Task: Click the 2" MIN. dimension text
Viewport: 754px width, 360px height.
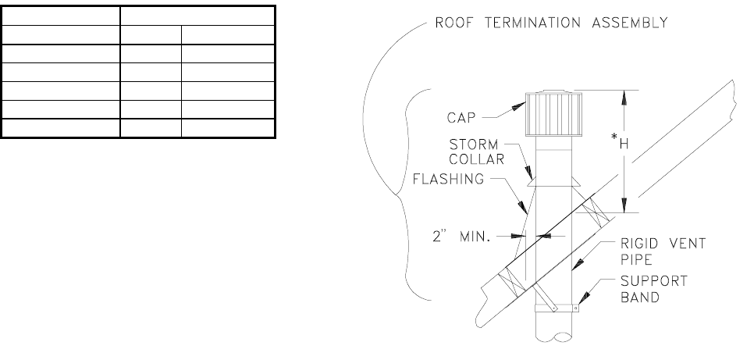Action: pos(457,233)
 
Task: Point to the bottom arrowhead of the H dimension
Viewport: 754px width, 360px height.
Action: pos(625,209)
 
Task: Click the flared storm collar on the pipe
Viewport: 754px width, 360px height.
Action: pos(555,184)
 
